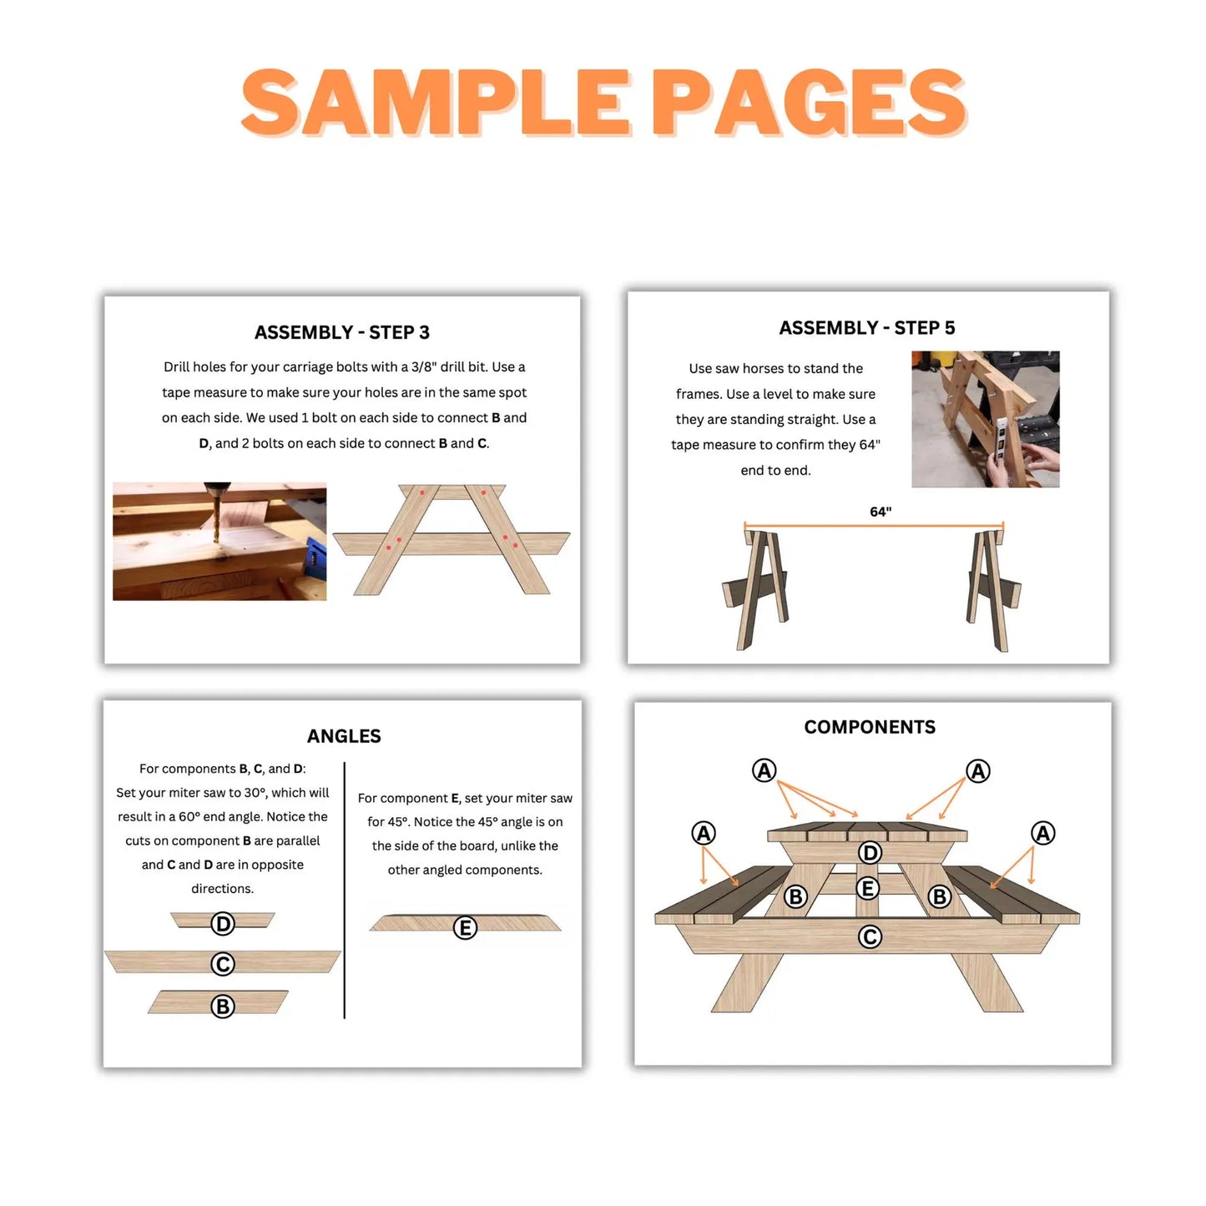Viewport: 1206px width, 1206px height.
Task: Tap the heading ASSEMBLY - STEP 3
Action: tap(341, 332)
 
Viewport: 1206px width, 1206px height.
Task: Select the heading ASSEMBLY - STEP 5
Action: tap(866, 328)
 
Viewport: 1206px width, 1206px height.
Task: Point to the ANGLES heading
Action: tap(344, 736)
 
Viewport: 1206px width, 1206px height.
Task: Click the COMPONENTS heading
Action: tap(870, 727)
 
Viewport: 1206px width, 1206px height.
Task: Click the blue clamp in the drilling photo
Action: tap(316, 557)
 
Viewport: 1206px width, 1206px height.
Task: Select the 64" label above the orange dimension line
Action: tap(881, 512)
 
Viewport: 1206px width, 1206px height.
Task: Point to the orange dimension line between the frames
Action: tap(873, 527)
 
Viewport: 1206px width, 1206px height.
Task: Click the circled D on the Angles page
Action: tap(223, 924)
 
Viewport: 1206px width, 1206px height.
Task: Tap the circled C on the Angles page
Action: tap(223, 964)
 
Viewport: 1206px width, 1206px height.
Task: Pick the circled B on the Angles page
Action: tap(223, 1007)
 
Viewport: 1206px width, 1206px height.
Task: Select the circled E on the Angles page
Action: tap(465, 927)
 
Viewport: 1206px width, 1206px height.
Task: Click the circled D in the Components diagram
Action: tap(870, 852)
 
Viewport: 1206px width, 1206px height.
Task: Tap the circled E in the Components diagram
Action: tap(868, 888)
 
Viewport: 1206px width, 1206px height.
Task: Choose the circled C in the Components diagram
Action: tap(870, 936)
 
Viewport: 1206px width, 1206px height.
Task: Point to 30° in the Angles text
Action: tap(254, 793)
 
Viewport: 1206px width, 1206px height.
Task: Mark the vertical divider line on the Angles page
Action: tap(344, 889)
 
